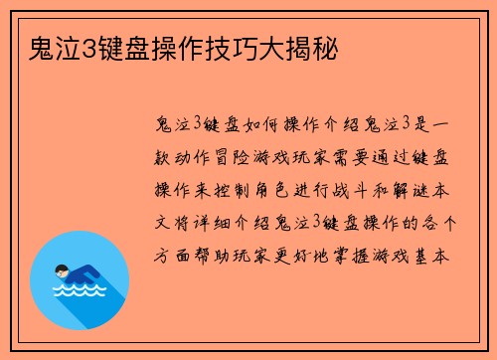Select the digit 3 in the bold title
click(x=78, y=47)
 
